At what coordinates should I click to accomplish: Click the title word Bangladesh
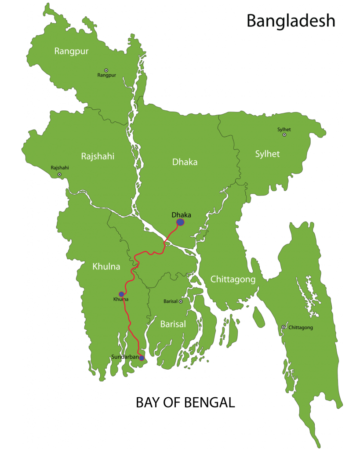point(291,21)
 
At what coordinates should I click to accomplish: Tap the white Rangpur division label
point(71,51)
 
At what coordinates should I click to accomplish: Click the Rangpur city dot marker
point(106,70)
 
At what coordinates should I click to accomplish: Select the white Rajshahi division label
point(98,156)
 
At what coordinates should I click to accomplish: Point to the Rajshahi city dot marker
point(59,174)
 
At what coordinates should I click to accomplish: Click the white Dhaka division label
point(185,162)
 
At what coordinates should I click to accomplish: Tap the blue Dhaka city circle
point(180,222)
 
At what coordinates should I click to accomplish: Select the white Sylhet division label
point(267,154)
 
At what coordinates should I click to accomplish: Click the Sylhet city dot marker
point(284,135)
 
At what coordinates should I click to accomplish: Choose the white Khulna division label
point(106,266)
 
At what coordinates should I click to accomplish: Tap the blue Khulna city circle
point(121,294)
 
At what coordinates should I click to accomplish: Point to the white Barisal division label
point(173,324)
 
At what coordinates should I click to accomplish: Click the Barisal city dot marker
point(180,301)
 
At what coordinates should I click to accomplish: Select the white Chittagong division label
point(233,279)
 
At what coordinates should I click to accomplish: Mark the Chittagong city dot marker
point(283,327)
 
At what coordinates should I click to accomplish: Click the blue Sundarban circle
point(142,358)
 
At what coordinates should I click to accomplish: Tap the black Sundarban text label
point(125,357)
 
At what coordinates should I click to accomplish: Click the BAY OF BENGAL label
point(185,403)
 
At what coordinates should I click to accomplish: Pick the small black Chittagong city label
point(301,327)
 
